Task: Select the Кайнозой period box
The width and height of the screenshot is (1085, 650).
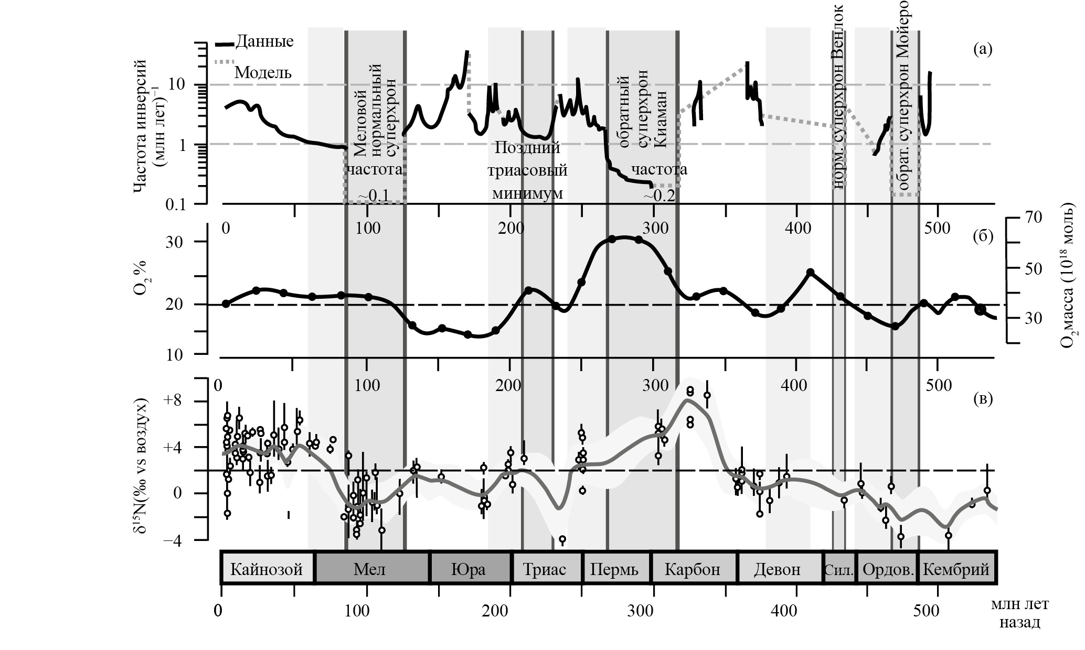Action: point(267,569)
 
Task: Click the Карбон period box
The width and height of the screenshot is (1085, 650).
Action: point(693,569)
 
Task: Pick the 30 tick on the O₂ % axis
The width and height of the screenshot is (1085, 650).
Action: point(185,242)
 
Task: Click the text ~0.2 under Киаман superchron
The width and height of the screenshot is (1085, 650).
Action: point(659,196)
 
